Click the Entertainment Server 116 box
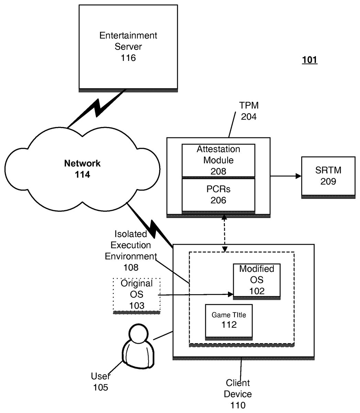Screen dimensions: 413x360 click(128, 47)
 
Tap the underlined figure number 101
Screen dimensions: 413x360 click(309, 60)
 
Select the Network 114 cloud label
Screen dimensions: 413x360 click(83, 169)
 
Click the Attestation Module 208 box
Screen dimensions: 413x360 click(218, 160)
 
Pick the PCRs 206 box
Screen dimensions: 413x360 click(218, 195)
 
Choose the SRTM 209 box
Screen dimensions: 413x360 click(328, 176)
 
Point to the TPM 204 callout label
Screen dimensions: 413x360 click(249, 111)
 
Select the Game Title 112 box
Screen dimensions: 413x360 click(229, 320)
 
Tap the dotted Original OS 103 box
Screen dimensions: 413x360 click(137, 295)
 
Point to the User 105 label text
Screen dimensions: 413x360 click(100, 381)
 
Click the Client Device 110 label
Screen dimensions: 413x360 click(238, 394)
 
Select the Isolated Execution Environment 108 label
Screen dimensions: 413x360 click(131, 251)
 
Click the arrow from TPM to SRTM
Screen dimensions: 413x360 click(285, 176)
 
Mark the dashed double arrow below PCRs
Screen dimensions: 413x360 click(225, 233)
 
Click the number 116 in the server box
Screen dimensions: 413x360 click(128, 58)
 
